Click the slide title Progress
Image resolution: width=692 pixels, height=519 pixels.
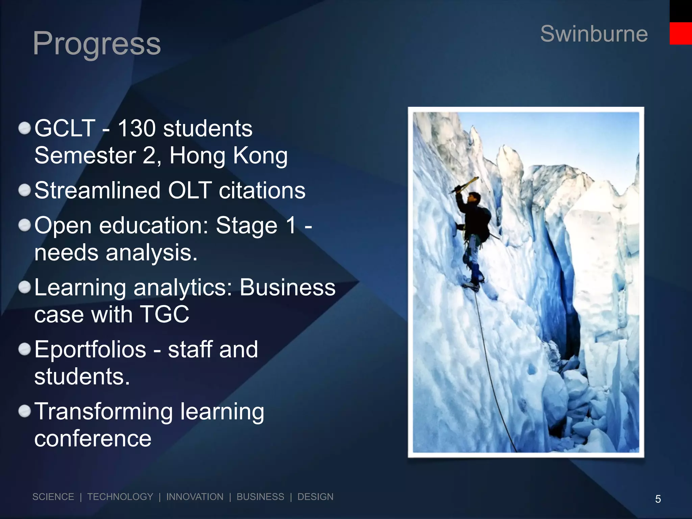[x=97, y=44]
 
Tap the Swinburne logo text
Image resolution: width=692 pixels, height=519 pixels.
[x=594, y=34]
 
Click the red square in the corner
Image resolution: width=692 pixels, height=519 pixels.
[x=681, y=33]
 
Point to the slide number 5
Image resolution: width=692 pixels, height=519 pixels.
[x=658, y=499]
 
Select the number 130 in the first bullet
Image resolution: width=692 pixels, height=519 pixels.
[x=137, y=128]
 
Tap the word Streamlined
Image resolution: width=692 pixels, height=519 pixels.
[x=97, y=190]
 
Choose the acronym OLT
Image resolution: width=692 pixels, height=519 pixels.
[x=190, y=190]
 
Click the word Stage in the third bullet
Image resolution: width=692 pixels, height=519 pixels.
[x=246, y=225]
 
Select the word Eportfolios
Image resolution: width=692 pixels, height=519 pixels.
[x=90, y=349]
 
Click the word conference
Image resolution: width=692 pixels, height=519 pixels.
[x=93, y=439]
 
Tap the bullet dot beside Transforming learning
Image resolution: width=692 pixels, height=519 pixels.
[x=25, y=412]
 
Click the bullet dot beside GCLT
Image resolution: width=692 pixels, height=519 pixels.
[x=25, y=129]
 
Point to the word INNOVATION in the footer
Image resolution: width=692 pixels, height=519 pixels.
[x=195, y=497]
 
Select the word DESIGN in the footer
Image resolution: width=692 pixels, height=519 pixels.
[x=315, y=497]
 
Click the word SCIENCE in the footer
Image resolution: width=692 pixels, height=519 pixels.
[x=53, y=497]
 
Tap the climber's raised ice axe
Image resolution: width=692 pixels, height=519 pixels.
[x=465, y=185]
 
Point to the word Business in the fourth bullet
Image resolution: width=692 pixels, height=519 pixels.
[x=288, y=288]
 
